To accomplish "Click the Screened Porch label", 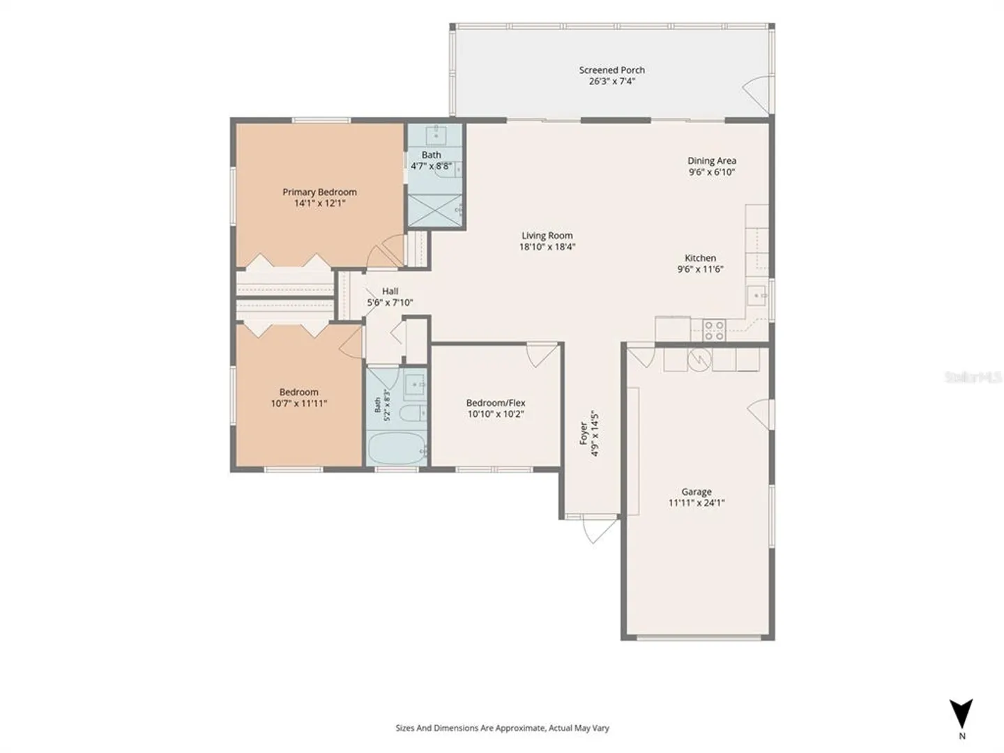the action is tap(611, 70).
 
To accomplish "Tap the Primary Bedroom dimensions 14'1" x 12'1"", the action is tap(319, 203).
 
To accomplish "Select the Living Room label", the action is tap(547, 236).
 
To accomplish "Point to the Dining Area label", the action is tap(712, 160).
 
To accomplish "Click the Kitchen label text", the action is tap(700, 258).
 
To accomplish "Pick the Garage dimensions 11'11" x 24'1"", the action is tap(696, 503).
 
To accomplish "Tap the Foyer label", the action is tap(584, 434).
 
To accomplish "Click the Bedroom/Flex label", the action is tap(496, 403).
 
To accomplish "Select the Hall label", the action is tap(390, 291).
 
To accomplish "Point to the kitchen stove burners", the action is tap(714, 330).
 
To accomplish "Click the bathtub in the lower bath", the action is tap(397, 448).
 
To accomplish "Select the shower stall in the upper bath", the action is tap(434, 211).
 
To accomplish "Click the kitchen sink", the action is tap(756, 296).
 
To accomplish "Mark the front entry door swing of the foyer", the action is tap(600, 530).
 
